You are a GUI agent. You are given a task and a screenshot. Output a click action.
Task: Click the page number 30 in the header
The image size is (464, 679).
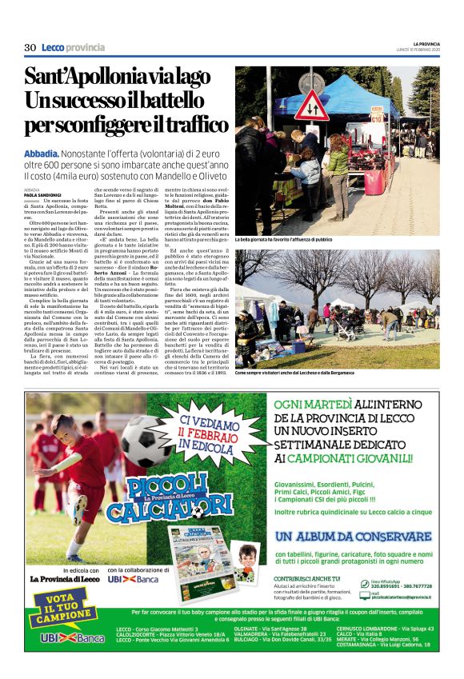click(30, 48)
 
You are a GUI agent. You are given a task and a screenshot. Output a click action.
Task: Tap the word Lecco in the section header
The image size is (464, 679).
click(53, 48)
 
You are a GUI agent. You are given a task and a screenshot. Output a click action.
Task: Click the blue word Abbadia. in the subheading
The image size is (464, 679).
click(42, 152)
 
